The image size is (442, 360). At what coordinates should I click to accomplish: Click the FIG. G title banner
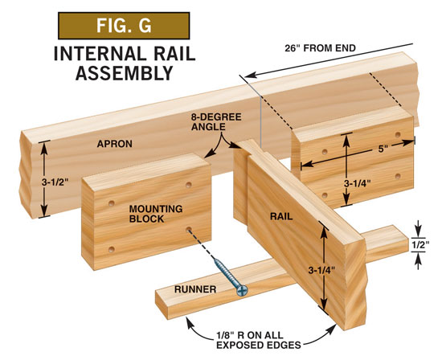[124, 26]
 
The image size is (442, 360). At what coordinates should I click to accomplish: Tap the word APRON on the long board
[114, 144]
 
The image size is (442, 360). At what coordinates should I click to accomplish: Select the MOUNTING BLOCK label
[156, 214]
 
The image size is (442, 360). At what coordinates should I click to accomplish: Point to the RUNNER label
[195, 289]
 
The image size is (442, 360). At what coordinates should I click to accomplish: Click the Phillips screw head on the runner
[242, 291]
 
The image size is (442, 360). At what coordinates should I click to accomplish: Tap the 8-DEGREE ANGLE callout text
[216, 122]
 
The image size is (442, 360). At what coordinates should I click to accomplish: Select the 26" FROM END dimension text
[320, 48]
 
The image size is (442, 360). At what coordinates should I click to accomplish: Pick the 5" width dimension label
[381, 149]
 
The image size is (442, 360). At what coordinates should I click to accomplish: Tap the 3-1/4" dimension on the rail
[321, 270]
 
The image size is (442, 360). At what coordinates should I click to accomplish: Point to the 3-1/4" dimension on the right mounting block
[357, 183]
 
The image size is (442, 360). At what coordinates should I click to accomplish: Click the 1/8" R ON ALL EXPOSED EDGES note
[258, 340]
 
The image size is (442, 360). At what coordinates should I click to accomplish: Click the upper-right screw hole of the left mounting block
[189, 185]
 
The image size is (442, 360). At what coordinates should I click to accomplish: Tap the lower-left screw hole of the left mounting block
[112, 249]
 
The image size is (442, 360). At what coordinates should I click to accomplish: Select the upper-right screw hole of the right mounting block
[398, 135]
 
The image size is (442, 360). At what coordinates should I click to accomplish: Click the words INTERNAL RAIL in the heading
[125, 54]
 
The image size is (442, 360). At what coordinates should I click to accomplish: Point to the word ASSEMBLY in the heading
[124, 73]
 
